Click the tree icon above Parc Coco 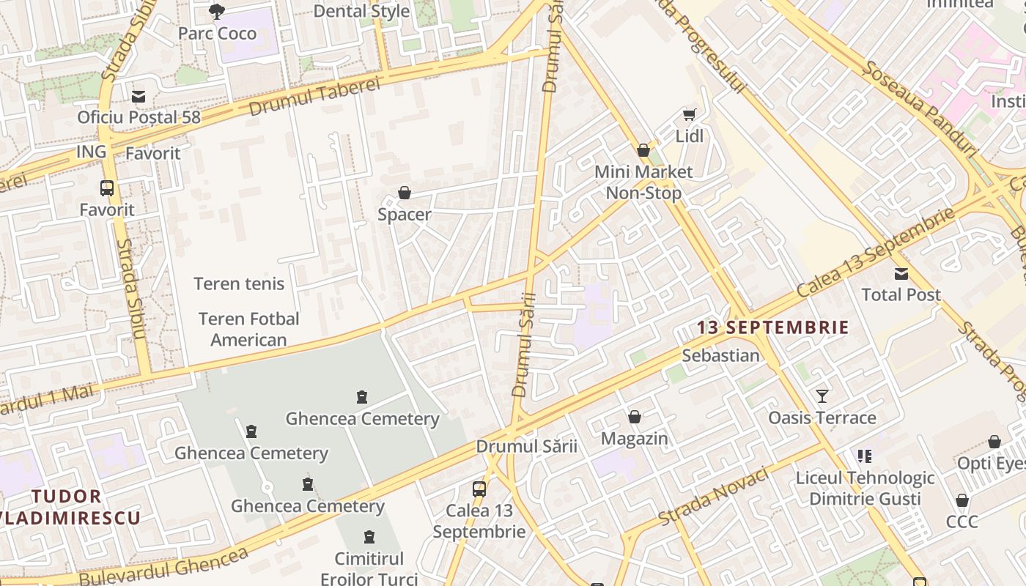pos(216,11)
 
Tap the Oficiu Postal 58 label pos(139,117)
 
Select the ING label pos(92,152)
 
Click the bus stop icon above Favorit pos(107,188)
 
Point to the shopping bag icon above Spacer pos(404,193)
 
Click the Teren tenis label pos(239,284)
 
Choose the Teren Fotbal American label pos(249,330)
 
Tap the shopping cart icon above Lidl pos(689,115)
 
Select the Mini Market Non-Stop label pos(643,182)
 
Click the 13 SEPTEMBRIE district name pos(772,327)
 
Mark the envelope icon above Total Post pos(901,274)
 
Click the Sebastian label pos(720,356)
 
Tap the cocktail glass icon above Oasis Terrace pos(822,396)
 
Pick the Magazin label pos(635,439)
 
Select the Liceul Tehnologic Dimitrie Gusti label pos(865,489)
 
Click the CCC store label pos(962,522)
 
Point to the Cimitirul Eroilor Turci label pos(369,568)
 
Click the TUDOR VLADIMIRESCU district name pos(73,508)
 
